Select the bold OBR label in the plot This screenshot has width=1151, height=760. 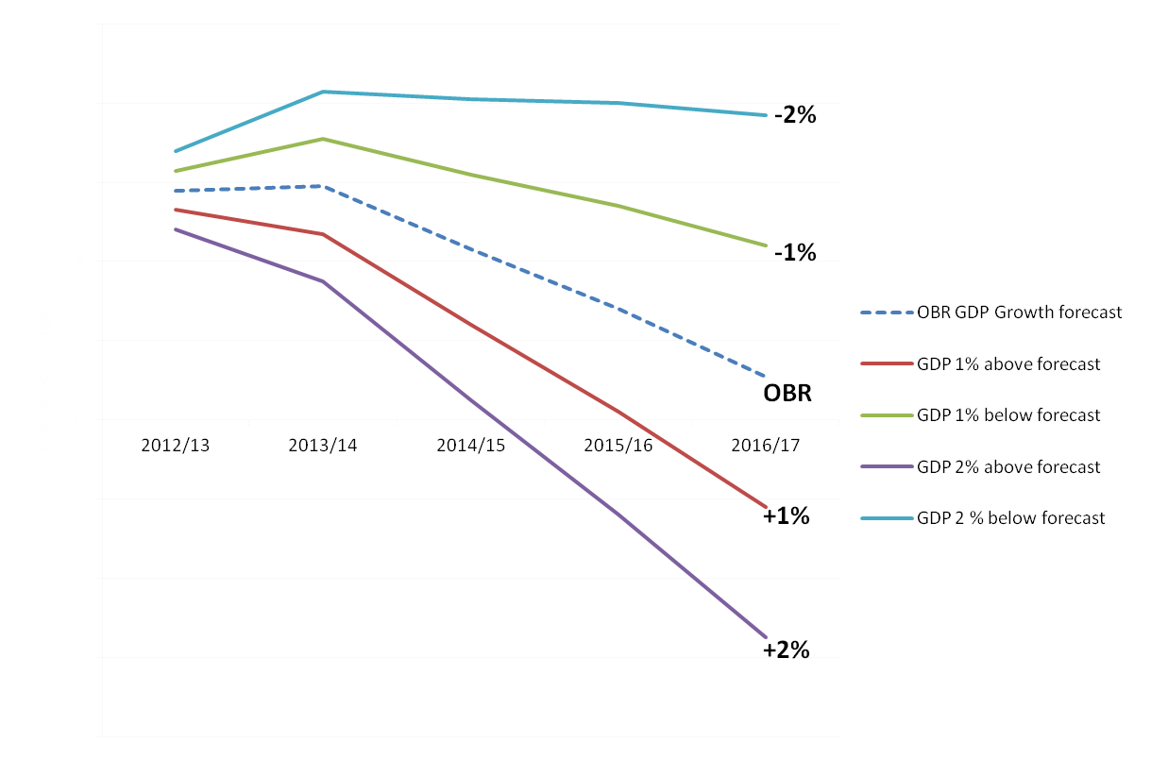pyautogui.click(x=787, y=393)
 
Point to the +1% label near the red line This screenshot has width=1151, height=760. pyautogui.click(x=787, y=516)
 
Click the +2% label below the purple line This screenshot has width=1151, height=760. pyautogui.click(x=787, y=650)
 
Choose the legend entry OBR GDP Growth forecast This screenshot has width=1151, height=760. pyautogui.click(x=1019, y=312)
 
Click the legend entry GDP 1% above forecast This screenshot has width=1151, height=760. pyautogui.click(x=1008, y=363)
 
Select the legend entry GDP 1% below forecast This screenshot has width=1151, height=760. pyautogui.click(x=1008, y=415)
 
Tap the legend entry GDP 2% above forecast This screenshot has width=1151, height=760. pyautogui.click(x=1008, y=466)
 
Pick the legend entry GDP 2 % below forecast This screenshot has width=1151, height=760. pyautogui.click(x=1010, y=518)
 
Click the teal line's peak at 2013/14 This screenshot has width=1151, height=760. pyautogui.click(x=323, y=92)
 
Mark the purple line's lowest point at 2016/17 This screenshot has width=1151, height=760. pyautogui.click(x=765, y=637)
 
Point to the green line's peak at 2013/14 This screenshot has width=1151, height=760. pyautogui.click(x=323, y=139)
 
